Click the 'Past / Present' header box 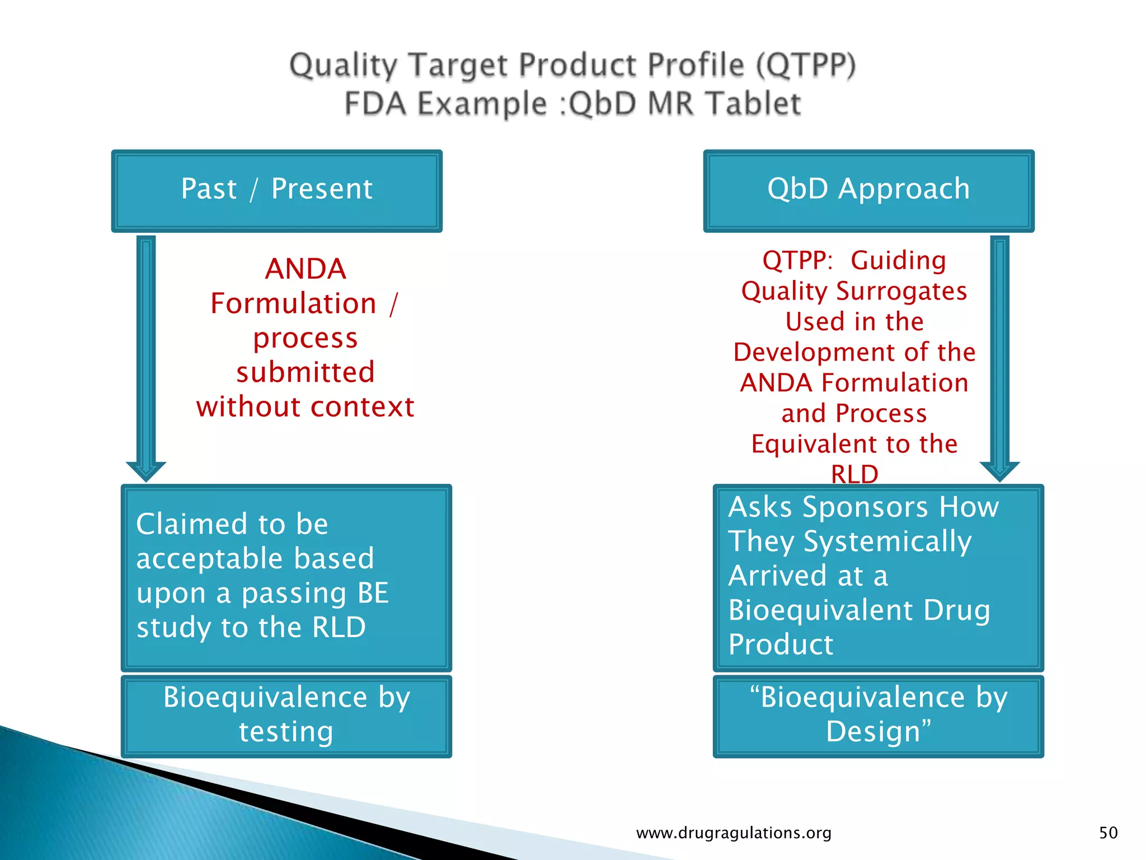coord(276,190)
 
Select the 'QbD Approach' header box coord(868,190)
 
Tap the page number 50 coord(1108,833)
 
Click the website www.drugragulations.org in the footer coord(734,833)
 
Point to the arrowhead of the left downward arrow coord(146,471)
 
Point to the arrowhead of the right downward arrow coord(999,471)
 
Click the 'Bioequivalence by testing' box coord(286,715)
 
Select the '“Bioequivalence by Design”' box coord(878,715)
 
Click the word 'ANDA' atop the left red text coord(306,269)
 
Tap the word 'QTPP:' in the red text coord(797,261)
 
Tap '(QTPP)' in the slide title coord(806,65)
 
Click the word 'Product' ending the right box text coord(781,644)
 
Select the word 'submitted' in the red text coord(306,372)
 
